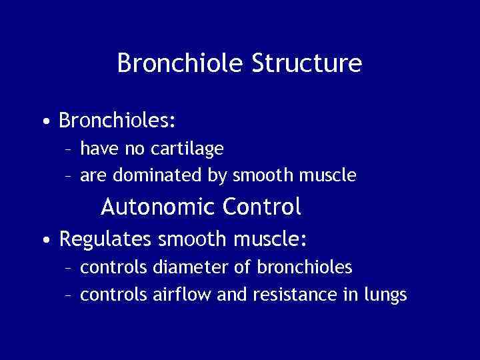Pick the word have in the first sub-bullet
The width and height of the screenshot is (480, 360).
[x=96, y=149]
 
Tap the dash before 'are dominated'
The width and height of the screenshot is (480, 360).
[x=68, y=177]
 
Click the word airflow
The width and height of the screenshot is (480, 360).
[x=183, y=295]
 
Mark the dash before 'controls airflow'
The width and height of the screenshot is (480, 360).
[x=68, y=295]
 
